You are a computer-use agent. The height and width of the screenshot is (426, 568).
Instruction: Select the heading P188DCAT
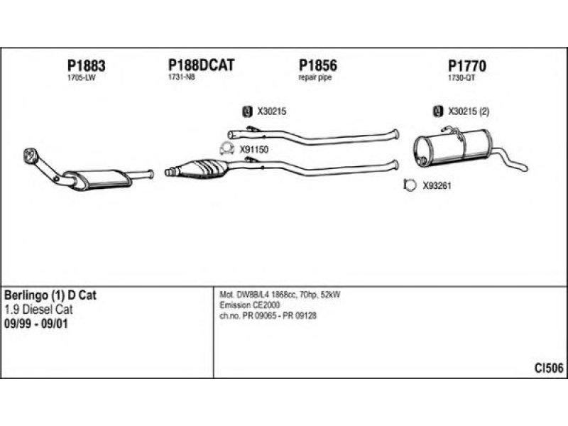pos(201,65)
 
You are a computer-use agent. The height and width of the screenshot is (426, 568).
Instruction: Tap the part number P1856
pos(317,65)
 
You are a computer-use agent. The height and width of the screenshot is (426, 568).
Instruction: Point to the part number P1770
pos(466,65)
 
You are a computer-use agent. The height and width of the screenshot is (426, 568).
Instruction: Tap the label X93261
pos(437,186)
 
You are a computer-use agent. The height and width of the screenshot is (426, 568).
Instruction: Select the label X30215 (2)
pos(469,111)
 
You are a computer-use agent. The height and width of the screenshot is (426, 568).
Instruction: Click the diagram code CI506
pos(549,367)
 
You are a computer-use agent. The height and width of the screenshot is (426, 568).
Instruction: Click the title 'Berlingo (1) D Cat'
pos(50,295)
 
